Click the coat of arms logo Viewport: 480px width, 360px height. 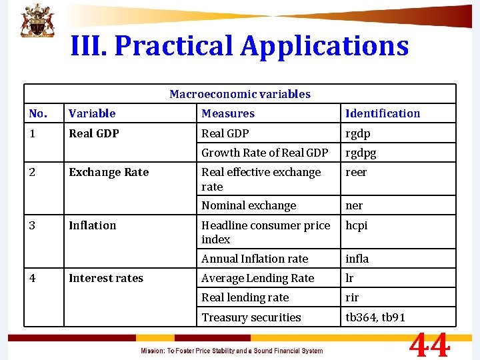(x=38, y=21)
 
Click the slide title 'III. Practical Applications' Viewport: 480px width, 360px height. (x=239, y=46)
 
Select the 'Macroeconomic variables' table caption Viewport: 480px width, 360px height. (x=240, y=94)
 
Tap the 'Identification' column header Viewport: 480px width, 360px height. (x=383, y=113)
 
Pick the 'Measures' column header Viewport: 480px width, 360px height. (x=228, y=113)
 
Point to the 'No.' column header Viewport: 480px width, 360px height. (x=39, y=113)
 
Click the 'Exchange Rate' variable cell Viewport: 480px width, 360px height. (x=109, y=172)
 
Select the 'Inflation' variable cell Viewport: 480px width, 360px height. (x=92, y=225)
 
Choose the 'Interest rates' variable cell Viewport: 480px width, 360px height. (x=106, y=278)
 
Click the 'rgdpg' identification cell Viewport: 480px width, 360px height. (x=361, y=153)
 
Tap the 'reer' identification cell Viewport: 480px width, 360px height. (x=356, y=172)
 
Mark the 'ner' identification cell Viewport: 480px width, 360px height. (x=354, y=205)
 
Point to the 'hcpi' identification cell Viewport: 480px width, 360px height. (x=357, y=225)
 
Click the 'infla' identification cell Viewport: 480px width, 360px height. (x=357, y=258)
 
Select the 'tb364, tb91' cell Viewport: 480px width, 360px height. (x=375, y=317)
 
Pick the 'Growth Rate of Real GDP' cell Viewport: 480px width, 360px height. (x=265, y=153)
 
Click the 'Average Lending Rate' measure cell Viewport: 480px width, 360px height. (x=257, y=278)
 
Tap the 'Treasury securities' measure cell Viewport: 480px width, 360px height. (x=251, y=317)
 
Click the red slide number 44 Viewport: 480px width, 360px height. (x=429, y=346)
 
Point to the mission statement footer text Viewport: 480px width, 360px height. (x=231, y=351)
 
